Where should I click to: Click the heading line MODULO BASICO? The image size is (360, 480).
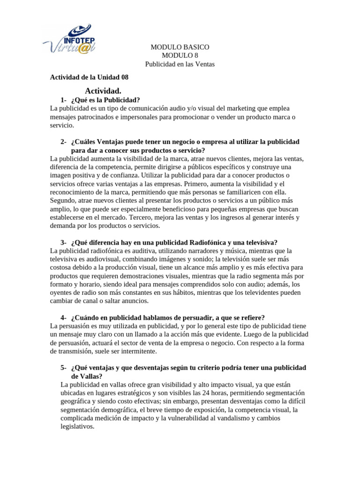tap(180, 47)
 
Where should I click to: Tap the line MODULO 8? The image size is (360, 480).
tap(180, 56)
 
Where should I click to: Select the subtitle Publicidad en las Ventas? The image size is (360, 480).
tap(180, 64)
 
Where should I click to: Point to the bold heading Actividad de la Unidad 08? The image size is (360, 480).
tap(89, 77)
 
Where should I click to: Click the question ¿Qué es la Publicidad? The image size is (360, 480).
tap(105, 100)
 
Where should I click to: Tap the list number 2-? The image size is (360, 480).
tap(63, 142)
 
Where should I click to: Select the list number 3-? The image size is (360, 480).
tap(63, 242)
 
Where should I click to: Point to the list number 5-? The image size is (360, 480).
tap(63, 368)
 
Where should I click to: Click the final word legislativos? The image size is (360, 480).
tap(77, 427)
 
